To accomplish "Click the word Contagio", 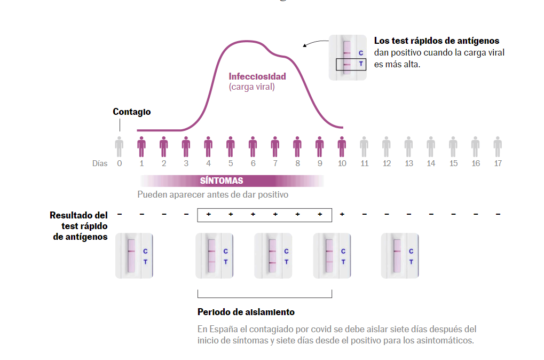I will tap(131, 112).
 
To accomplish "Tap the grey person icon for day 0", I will tap(119, 145).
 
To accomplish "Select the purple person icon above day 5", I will tap(231, 145).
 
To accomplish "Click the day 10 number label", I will tap(342, 163).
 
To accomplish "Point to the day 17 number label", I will tap(498, 163).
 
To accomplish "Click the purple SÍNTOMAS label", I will tap(222, 181).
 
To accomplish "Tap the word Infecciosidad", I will tap(257, 76).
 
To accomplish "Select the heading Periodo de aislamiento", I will tap(246, 312).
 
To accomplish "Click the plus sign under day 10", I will tap(342, 214).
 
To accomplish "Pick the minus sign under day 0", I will tap(119, 214).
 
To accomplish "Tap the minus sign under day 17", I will tap(498, 214).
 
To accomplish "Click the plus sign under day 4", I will tap(208, 214).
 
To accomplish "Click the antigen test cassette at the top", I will tap(348, 58).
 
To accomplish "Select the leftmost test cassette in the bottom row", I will tap(134, 256).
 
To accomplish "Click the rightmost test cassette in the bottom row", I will tap(399, 256).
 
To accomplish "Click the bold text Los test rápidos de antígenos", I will tap(437, 41).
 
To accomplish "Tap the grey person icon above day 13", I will tap(408, 145).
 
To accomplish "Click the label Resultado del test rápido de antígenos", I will tap(79, 226).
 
